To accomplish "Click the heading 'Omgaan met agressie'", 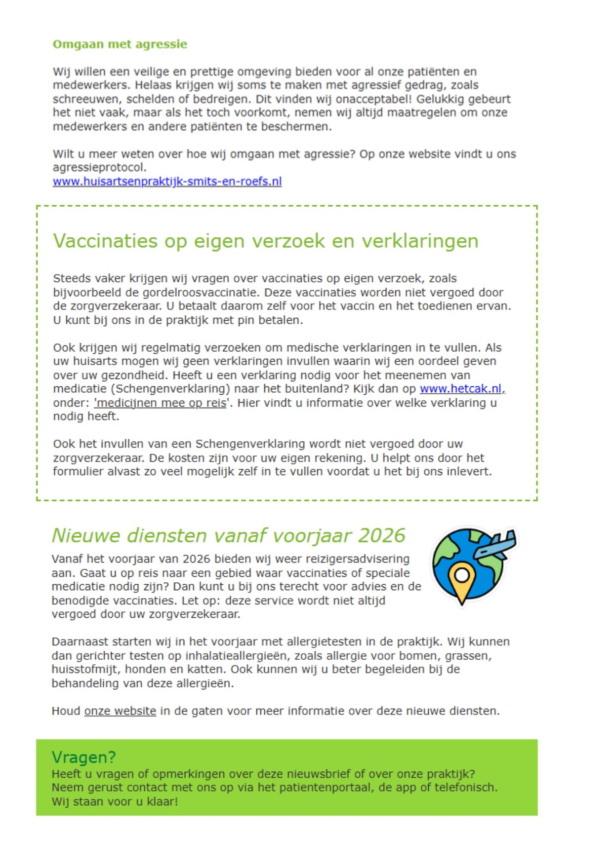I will coord(120,44).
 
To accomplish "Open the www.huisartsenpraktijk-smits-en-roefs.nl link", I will coord(167,182).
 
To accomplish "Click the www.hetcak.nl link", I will coord(460,389).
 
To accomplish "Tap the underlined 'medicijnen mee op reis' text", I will coord(161,403).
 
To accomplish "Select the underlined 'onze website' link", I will coord(120,711).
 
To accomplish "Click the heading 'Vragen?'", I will coord(83,757).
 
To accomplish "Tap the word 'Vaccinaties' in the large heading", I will coord(105,241).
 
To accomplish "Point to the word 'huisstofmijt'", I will coord(84,670).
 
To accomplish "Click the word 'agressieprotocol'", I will coord(99,168).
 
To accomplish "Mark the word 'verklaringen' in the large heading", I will coord(419,241).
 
